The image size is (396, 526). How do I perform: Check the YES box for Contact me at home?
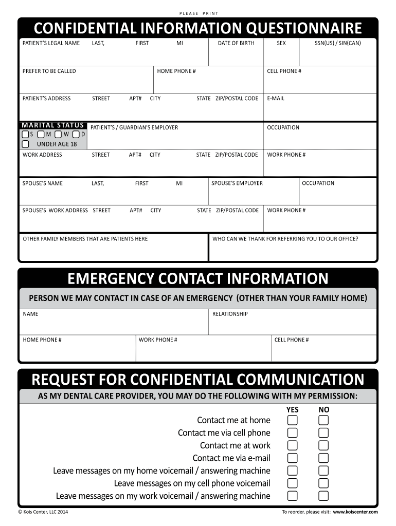tap(292, 420)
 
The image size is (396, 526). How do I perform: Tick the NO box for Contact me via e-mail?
tap(323, 458)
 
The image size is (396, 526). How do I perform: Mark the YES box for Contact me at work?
tap(292, 445)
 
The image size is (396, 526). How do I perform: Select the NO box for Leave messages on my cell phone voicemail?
tap(323, 483)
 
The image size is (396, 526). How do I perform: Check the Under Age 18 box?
tap(25, 144)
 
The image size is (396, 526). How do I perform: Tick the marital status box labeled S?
tap(25, 134)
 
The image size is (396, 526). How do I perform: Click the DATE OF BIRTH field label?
tap(236, 43)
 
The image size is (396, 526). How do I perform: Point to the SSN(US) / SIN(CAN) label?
tap(338, 43)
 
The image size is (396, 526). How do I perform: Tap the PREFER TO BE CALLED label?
tap(49, 71)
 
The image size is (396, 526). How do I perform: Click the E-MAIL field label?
tap(276, 98)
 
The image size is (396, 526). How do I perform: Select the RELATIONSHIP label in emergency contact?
tap(230, 314)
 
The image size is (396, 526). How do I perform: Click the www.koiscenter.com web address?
tap(355, 512)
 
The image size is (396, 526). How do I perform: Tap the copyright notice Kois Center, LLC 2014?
tap(43, 512)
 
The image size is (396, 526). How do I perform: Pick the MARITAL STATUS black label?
tap(52, 125)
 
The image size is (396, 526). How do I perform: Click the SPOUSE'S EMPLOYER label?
tap(237, 183)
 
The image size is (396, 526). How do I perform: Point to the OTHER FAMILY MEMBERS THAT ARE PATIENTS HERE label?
tap(85, 238)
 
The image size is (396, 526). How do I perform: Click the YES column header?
tap(292, 409)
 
